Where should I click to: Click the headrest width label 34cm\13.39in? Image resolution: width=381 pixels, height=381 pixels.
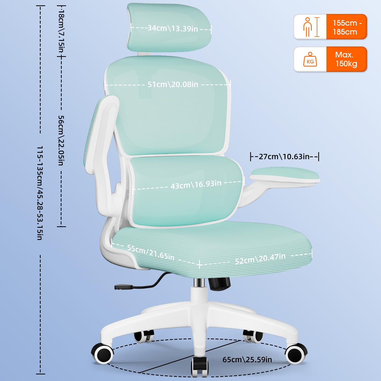pos(173,28)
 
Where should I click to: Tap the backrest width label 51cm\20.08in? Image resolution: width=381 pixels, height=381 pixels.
pos(173,84)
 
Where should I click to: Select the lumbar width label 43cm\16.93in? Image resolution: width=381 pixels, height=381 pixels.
pos(196,184)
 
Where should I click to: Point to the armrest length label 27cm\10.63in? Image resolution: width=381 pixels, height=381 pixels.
pos(284,156)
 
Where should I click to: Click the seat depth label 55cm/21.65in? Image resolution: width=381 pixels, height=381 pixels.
pos(151,252)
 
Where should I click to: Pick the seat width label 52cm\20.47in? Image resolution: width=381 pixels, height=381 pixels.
pos(260,259)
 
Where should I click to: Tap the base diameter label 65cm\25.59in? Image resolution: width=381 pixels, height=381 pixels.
pos(247,360)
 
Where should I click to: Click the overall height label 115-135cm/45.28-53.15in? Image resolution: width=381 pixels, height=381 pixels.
pos(40,193)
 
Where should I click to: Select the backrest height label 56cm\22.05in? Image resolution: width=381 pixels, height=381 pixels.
pos(61,140)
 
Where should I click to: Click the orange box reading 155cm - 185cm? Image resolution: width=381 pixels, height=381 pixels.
pos(346,27)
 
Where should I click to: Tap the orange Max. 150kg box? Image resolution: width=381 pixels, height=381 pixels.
pos(346,59)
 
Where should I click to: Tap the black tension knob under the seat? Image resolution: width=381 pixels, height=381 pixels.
pos(220,284)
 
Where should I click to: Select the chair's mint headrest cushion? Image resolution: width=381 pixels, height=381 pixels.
pos(169,27)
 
